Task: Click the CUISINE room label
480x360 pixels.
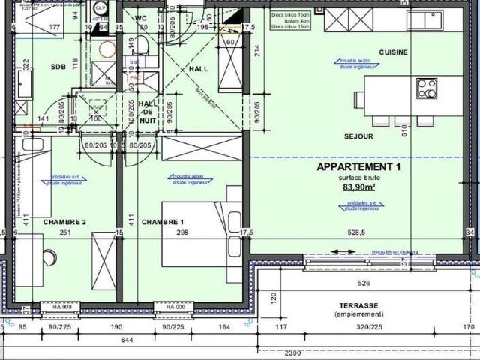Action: pos(393,52)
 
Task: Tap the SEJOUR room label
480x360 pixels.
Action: pos(358,136)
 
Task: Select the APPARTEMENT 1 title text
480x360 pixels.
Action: pos(359,166)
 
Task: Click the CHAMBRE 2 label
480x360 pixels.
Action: pos(64,222)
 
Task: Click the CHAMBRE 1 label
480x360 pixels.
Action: pos(162,222)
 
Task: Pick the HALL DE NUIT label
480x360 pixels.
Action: pos(148,112)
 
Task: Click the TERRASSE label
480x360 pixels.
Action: pos(358,306)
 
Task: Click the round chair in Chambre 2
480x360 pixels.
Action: pos(49,258)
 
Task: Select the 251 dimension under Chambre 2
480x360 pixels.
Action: pos(64,233)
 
